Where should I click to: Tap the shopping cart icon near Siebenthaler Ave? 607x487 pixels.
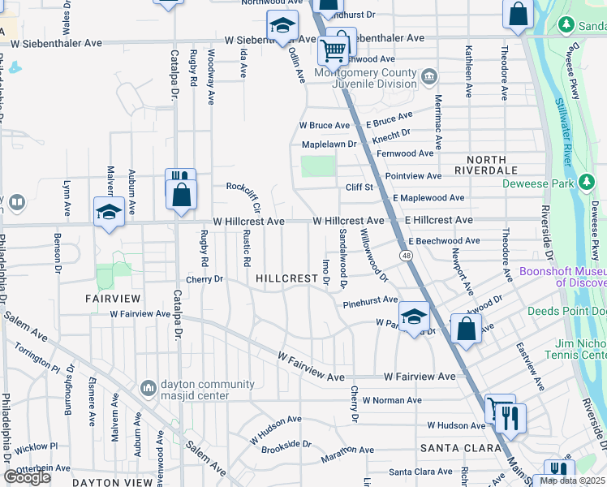(333, 50)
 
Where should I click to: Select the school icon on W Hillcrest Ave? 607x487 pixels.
(109, 213)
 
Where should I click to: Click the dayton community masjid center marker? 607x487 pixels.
(148, 390)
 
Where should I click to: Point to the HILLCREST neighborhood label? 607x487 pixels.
(286, 278)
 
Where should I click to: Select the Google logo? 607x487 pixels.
(27, 477)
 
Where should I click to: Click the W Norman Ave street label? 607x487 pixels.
(391, 400)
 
